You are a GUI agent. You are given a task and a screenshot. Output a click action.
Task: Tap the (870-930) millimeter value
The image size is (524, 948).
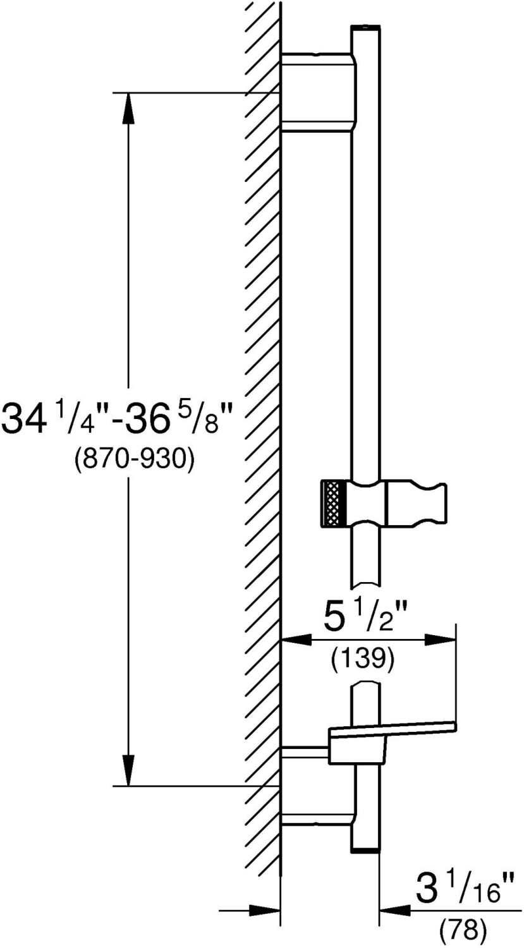[135, 458]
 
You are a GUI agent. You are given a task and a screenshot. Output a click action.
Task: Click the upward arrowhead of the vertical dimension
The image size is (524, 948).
[128, 108]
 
